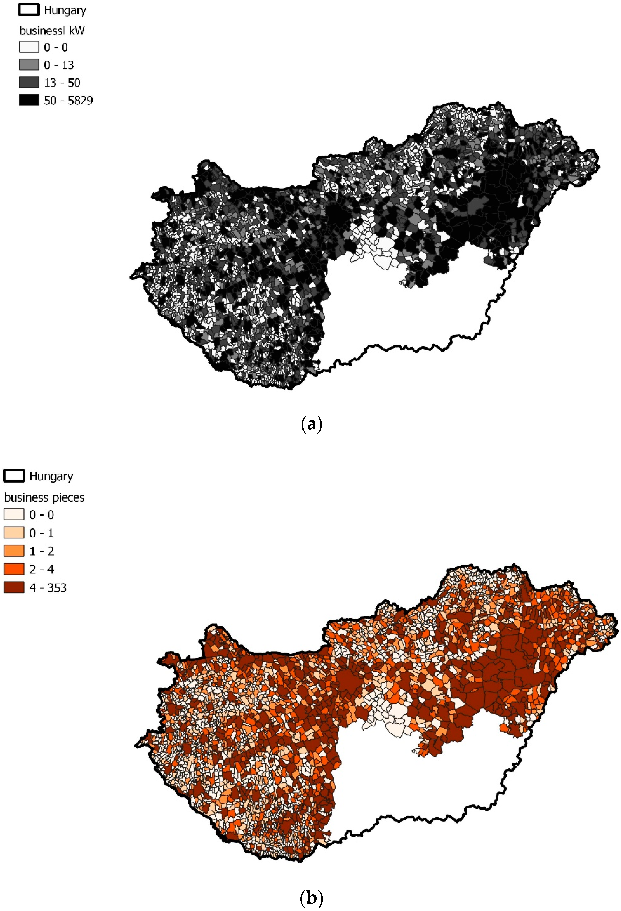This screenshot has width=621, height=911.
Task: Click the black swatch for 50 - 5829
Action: [29, 100]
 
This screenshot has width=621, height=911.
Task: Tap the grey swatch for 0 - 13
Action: [29, 65]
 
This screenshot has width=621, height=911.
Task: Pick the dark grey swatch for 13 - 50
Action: [29, 82]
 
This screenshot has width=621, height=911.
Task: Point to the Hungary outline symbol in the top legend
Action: [29, 10]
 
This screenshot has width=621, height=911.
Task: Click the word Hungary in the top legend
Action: [65, 10]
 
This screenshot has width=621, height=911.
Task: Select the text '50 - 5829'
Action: [68, 100]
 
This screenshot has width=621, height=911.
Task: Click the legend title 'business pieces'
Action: [44, 498]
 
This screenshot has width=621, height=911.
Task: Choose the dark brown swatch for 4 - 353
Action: [14, 588]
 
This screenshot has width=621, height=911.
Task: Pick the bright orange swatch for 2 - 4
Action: [14, 569]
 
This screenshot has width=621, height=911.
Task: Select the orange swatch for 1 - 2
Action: [14, 551]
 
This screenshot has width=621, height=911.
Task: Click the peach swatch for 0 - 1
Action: [14, 533]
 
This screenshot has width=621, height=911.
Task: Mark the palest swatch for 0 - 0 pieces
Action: [14, 515]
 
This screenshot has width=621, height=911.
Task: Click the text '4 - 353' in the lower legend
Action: [48, 588]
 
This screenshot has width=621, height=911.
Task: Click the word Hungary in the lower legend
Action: [51, 476]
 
